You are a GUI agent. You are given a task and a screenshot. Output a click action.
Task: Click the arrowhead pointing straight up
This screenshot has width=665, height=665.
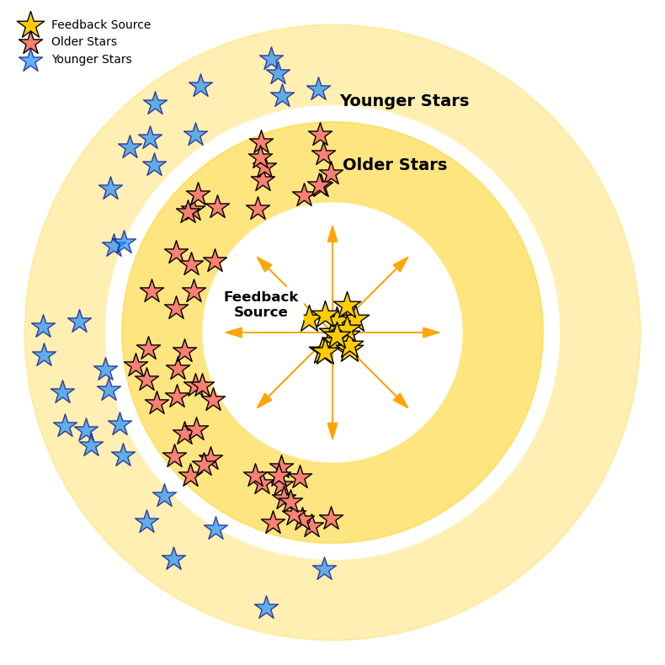tap(332, 233)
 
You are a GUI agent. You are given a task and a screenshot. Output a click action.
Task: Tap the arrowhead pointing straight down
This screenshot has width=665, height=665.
tap(332, 431)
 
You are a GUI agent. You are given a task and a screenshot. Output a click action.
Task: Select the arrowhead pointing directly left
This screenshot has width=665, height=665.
tap(234, 332)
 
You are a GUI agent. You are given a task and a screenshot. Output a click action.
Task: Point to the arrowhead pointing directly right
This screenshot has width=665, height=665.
tap(431, 332)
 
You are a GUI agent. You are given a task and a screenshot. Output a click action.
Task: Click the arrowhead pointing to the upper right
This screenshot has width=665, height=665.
tap(402, 263)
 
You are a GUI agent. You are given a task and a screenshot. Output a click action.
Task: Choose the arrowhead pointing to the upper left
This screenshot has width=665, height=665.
tap(263, 263)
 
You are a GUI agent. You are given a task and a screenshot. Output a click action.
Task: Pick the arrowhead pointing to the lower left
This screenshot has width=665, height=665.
tap(263, 402)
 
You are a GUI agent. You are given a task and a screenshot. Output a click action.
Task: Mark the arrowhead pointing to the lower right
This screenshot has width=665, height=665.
tap(402, 402)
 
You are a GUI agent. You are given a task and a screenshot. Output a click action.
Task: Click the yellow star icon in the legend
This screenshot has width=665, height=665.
tap(30, 25)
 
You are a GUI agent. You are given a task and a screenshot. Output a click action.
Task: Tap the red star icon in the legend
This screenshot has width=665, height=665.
tap(30, 42)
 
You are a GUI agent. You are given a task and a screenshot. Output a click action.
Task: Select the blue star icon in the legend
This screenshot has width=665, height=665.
tap(30, 60)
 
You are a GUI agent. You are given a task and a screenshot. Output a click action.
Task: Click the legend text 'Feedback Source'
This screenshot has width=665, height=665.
tap(101, 25)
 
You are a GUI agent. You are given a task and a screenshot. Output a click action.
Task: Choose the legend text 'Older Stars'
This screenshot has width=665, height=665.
tap(84, 42)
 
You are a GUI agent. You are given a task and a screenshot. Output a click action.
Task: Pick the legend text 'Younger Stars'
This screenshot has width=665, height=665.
tap(92, 60)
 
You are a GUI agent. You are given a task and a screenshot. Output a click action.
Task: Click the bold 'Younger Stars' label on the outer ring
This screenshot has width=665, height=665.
tap(404, 101)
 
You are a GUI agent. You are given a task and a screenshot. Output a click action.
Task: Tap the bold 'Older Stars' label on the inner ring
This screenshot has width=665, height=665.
tap(395, 165)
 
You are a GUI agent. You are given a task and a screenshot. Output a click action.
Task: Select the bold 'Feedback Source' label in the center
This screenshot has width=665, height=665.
tap(261, 305)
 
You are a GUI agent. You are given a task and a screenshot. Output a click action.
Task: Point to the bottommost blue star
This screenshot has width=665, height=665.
tap(266, 608)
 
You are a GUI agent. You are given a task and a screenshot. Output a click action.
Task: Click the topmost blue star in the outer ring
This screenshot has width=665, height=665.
tap(271, 59)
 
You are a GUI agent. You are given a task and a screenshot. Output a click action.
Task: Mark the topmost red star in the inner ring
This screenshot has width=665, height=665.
tap(320, 134)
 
